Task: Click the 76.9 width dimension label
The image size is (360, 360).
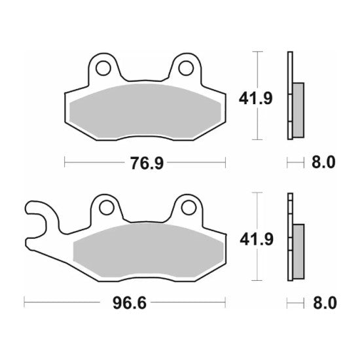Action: [145, 162]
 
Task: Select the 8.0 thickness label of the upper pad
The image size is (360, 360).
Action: [322, 162]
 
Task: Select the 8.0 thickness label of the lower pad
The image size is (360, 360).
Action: [322, 304]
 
